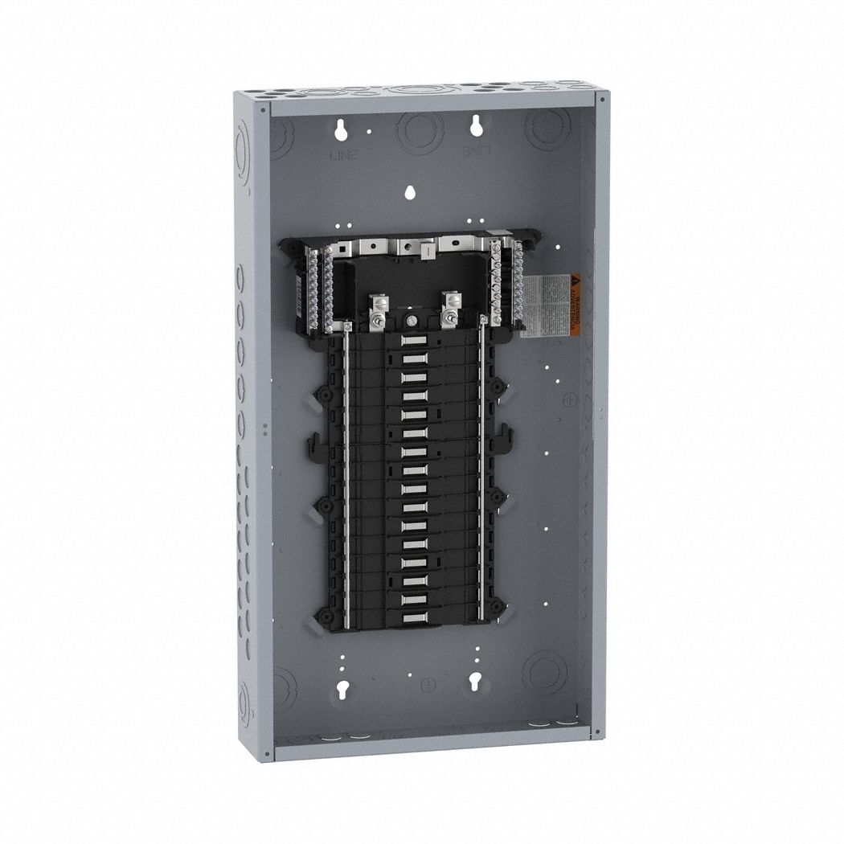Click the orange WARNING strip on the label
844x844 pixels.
(x=575, y=305)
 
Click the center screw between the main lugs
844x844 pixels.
(x=412, y=321)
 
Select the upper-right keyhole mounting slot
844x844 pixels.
(x=477, y=125)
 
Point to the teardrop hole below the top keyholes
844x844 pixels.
(x=410, y=193)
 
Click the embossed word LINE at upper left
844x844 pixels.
(x=338, y=153)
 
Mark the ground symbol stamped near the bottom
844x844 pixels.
(x=408, y=682)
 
